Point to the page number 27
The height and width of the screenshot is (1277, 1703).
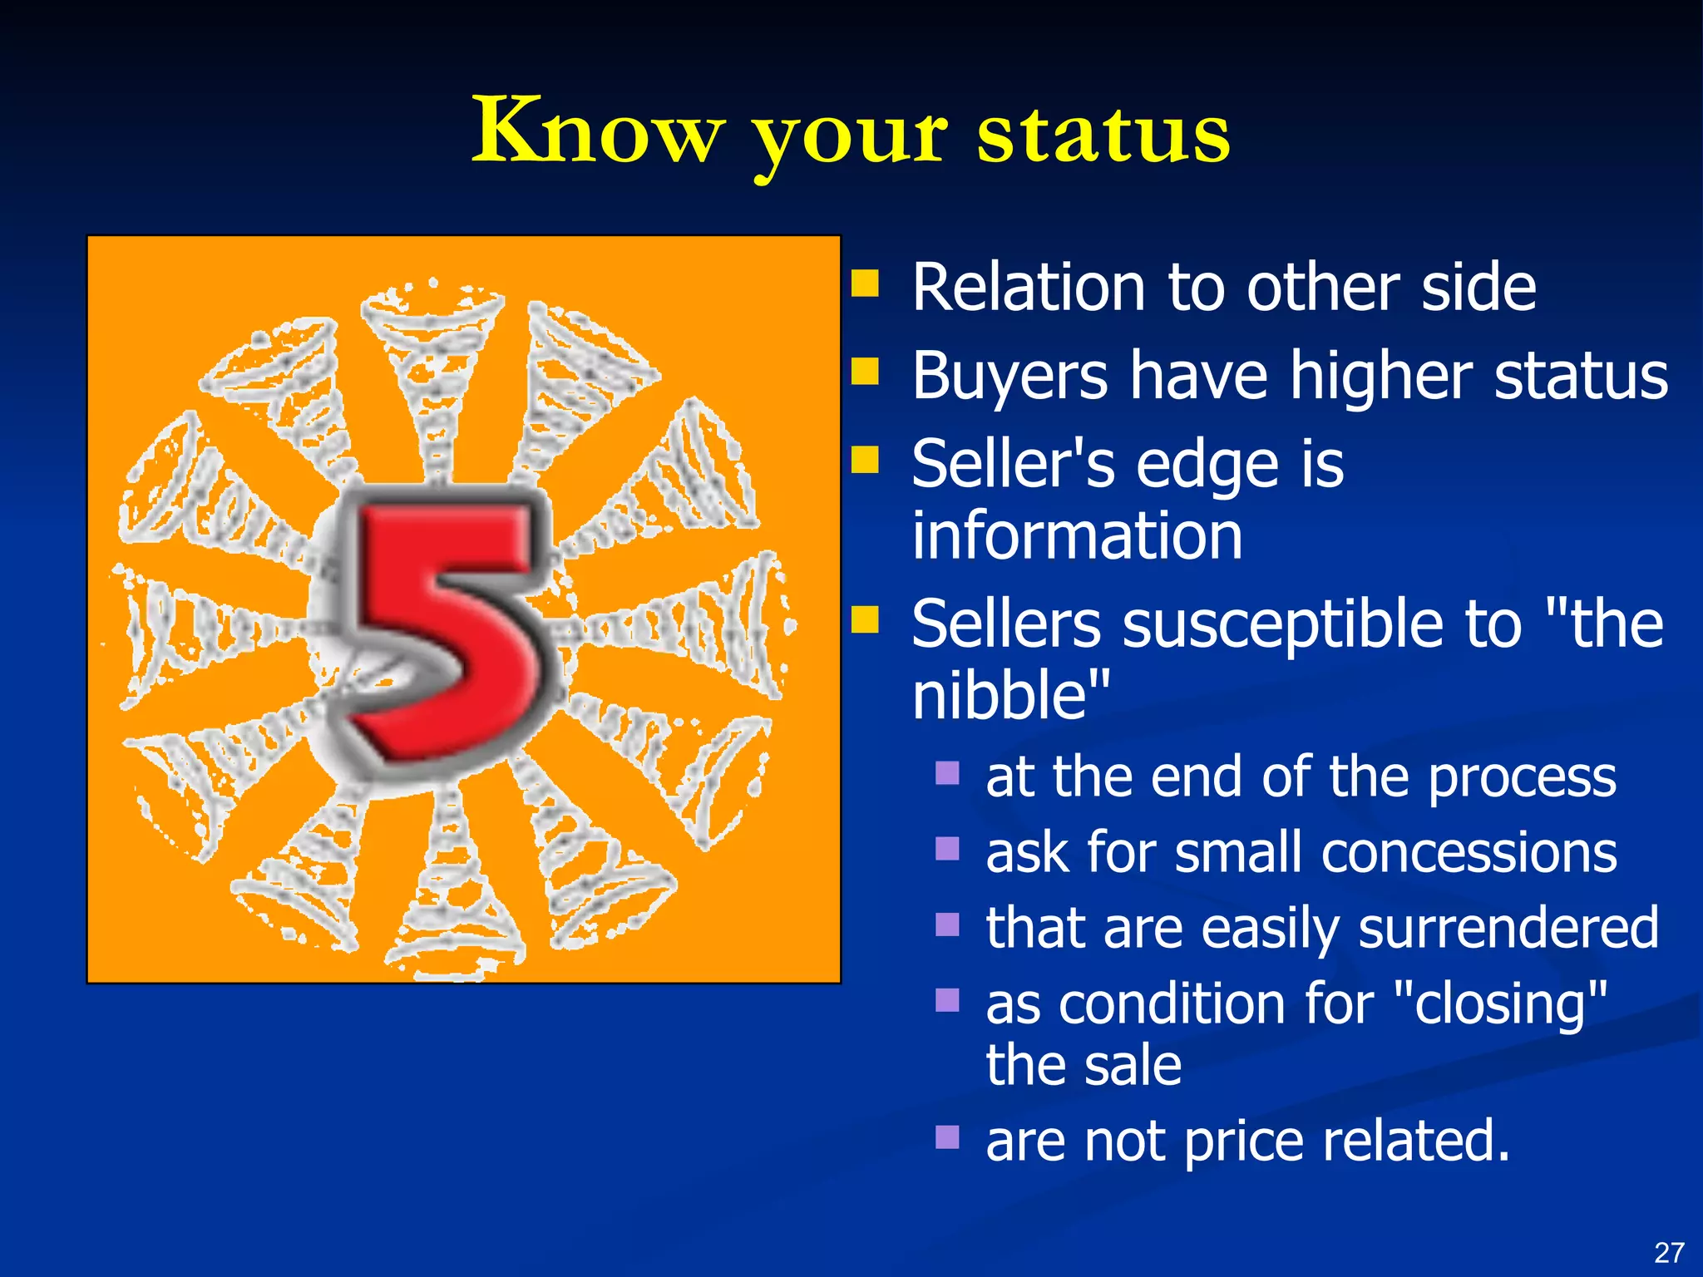[1669, 1252]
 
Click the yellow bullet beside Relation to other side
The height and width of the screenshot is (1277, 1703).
[866, 284]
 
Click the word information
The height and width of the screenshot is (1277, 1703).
[1077, 535]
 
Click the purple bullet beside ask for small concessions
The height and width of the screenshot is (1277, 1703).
[947, 849]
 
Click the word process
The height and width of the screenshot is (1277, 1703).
[1522, 778]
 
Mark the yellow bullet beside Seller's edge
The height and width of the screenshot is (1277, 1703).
[866, 459]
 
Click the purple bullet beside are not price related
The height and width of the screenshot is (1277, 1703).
[947, 1136]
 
